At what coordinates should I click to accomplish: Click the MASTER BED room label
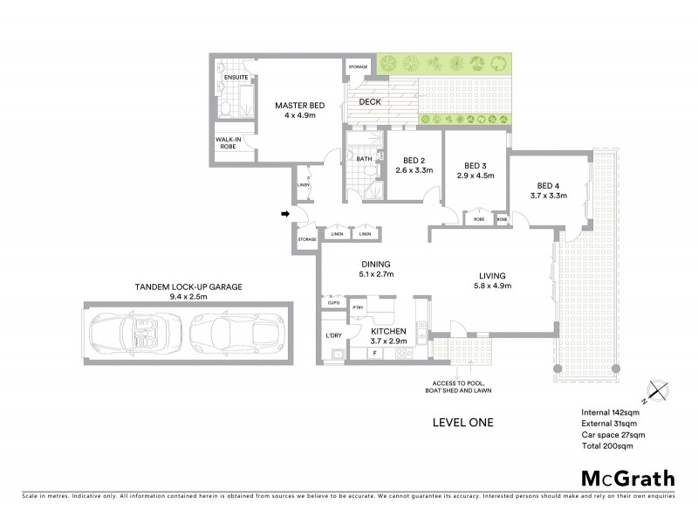[x=299, y=105]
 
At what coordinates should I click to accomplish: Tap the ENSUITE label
[x=236, y=79]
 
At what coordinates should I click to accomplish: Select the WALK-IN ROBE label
[x=229, y=142]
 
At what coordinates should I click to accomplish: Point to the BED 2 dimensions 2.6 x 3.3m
[x=414, y=171]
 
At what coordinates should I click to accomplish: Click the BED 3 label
[x=475, y=165]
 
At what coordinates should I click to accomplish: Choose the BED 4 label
[x=548, y=185]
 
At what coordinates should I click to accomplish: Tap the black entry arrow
[x=284, y=212]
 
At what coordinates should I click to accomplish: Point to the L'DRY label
[x=332, y=335]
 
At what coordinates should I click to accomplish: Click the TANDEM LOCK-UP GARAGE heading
[x=188, y=286]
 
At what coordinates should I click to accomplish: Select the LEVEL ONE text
[x=462, y=423]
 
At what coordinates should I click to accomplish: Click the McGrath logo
[x=626, y=478]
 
